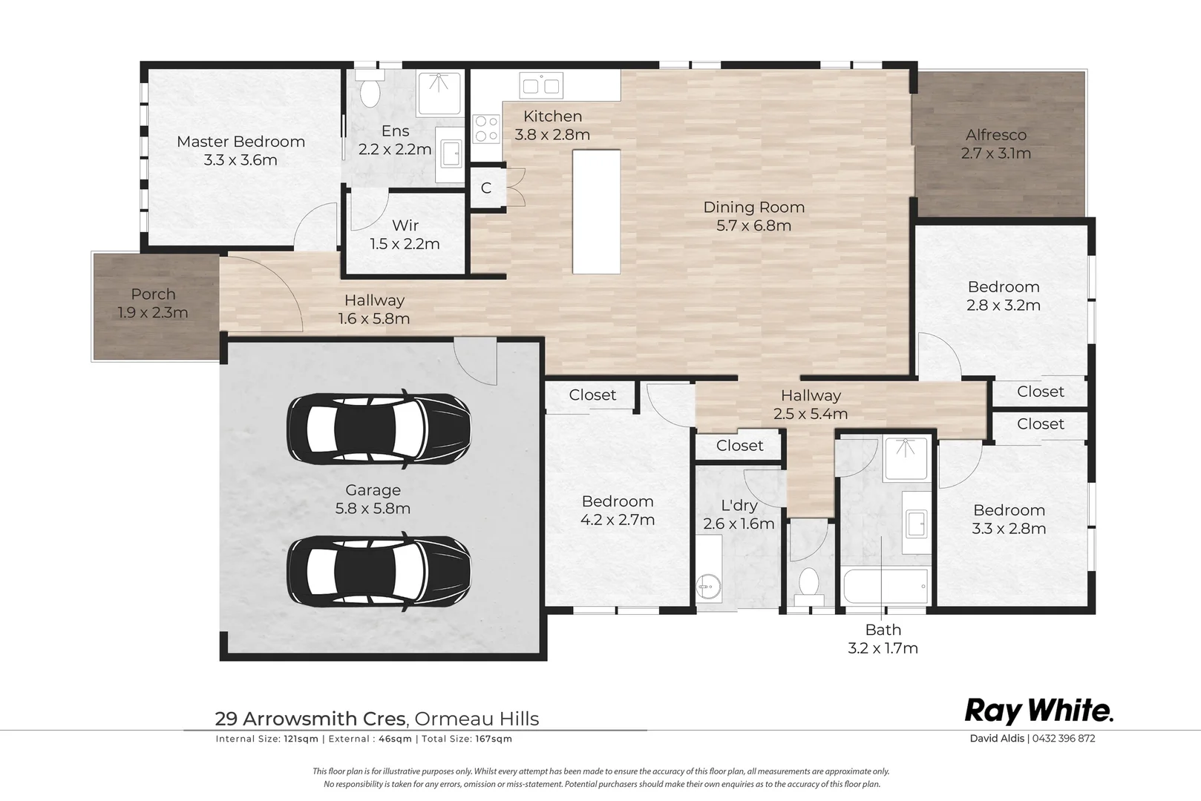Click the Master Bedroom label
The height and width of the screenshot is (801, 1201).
coord(240,142)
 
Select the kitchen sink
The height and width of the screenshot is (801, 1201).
coord(541,86)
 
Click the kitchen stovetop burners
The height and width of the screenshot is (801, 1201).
coord(487,129)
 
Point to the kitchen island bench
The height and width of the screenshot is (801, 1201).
coord(596,211)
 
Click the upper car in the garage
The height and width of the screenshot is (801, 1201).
coord(379,429)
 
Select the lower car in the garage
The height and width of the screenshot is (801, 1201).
coord(379,571)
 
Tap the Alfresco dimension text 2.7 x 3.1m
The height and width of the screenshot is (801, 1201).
coord(995,154)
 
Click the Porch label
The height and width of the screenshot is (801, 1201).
coord(154,294)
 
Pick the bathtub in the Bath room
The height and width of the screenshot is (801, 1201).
coord(886,586)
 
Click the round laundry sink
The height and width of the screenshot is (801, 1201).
coord(708,586)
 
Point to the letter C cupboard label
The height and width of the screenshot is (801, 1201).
coord(485,188)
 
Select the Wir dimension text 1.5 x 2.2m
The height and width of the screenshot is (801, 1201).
coord(405,244)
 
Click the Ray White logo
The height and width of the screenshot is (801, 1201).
coord(1039,712)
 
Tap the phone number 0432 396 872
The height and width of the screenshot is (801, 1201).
coord(1063,738)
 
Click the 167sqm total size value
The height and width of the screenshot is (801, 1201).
coord(494,739)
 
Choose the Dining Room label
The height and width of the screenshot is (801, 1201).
coord(754,207)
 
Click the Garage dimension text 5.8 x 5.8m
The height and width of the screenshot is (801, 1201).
coord(373,509)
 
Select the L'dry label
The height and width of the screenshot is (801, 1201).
coord(739,505)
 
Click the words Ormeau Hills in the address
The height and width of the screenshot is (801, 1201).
coord(477,719)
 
